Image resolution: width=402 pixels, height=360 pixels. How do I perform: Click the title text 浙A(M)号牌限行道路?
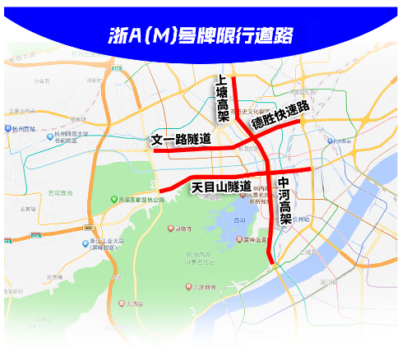pyautogui.click(x=201, y=35)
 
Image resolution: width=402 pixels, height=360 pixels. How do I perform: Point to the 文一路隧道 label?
pyautogui.click(x=181, y=141)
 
